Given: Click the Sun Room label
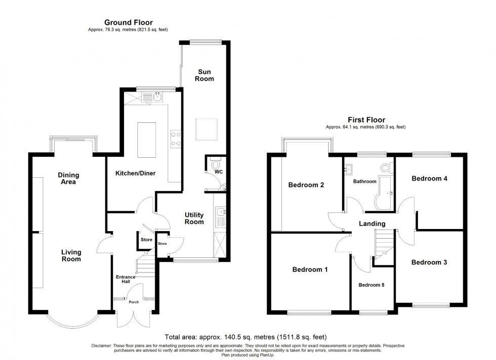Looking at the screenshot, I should coord(205,75).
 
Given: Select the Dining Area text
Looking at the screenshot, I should coord(68,178).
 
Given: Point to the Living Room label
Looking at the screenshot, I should coord(71,255).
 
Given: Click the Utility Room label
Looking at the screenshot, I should coord(193,218).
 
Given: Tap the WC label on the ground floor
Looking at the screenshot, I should coord(218,172).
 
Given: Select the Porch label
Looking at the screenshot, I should coord(134,302).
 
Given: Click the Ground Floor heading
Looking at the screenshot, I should coord(129,22).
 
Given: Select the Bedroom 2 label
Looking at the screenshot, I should coord(306,185).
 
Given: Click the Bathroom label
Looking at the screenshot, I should coord(364,182).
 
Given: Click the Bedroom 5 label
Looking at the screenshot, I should coord(371,285).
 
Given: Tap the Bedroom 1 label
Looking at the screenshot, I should coord(310,269).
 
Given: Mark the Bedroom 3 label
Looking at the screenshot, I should coord(429,262).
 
